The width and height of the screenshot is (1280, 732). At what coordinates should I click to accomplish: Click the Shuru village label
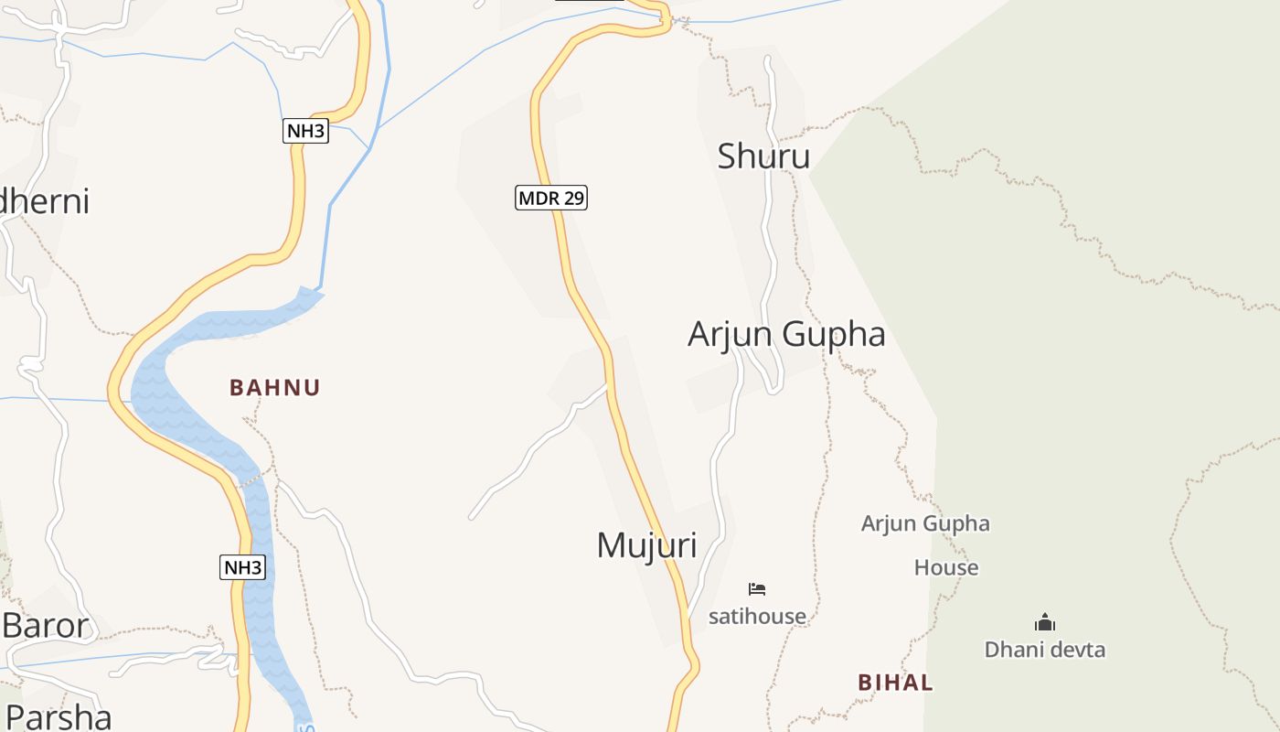(763, 156)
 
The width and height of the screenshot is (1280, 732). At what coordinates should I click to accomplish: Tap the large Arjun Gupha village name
(786, 334)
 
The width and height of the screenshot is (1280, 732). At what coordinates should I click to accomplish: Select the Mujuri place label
(646, 545)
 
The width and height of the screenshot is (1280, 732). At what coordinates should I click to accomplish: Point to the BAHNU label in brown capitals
(274, 388)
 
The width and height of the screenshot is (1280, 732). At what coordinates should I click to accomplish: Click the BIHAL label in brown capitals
(895, 683)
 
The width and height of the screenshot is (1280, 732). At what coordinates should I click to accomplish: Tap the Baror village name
(46, 626)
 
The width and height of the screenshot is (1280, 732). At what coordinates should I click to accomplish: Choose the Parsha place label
(57, 716)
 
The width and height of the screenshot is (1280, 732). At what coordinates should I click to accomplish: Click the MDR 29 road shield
(550, 197)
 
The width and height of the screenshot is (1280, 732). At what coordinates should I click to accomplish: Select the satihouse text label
(757, 617)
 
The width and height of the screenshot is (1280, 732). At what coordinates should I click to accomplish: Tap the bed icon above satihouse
(756, 588)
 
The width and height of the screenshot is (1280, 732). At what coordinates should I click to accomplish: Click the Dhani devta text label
(1044, 650)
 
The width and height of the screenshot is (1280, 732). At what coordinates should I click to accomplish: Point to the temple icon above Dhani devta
(1044, 623)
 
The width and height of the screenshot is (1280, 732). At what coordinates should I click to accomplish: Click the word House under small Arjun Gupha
(946, 567)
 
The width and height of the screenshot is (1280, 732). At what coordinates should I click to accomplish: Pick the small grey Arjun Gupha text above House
(925, 523)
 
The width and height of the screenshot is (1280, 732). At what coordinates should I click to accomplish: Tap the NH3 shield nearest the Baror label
(243, 567)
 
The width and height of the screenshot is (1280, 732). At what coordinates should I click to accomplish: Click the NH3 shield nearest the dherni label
(305, 131)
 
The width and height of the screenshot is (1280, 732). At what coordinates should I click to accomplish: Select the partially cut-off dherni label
(45, 201)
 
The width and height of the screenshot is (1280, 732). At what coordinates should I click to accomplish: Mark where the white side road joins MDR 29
(607, 385)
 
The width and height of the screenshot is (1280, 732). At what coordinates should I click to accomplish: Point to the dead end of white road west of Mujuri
(472, 517)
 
